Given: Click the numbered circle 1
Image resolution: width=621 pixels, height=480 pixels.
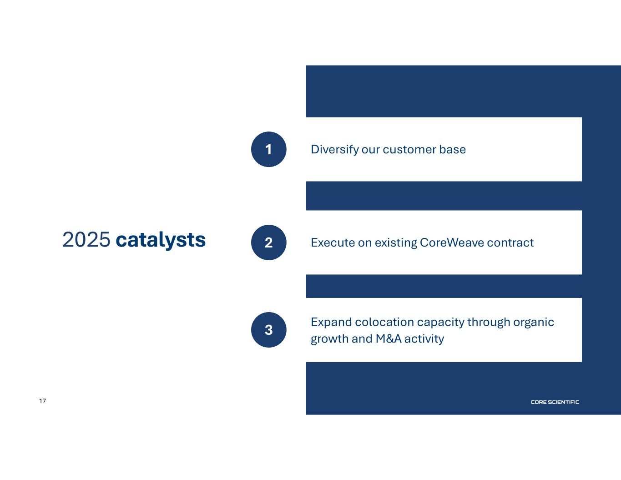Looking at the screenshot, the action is click(268, 149).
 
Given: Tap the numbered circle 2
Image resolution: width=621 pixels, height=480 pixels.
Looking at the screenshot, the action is click(268, 243).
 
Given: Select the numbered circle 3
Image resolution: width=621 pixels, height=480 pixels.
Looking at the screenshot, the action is click(268, 330).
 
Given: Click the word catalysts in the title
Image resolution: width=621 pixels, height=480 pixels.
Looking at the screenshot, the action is click(161, 240).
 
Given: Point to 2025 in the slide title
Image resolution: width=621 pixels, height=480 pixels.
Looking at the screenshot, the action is click(86, 239).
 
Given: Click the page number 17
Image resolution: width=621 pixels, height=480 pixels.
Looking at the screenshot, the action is click(43, 401).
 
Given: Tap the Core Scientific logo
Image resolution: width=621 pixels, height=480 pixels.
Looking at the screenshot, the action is click(555, 402).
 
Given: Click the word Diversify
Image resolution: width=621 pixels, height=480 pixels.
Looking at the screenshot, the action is click(335, 150).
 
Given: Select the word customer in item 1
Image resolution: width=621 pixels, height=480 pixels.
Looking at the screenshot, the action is click(409, 150).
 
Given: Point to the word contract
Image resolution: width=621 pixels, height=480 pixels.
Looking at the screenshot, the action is click(510, 243).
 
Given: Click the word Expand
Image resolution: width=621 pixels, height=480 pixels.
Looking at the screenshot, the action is click(332, 323).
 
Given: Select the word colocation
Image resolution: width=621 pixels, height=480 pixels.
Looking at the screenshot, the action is click(384, 322).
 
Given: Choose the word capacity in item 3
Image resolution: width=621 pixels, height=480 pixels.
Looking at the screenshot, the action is click(441, 323).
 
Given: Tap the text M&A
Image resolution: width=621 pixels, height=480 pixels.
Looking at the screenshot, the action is click(389, 339).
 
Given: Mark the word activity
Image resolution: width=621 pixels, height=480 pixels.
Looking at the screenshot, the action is click(424, 339).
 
